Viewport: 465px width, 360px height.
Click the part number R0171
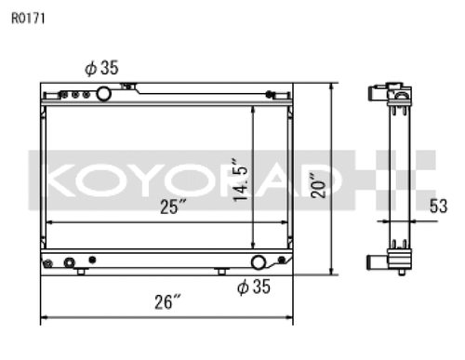point(28,19)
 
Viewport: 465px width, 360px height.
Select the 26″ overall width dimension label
point(167,301)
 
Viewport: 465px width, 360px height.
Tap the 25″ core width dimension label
point(173,207)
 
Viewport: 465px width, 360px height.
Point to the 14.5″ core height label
point(241,180)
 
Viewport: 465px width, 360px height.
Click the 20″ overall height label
point(318,185)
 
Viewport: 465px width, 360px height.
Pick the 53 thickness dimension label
point(438,207)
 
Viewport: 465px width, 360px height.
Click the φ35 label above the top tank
point(101,68)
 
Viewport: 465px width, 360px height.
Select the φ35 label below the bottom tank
point(254,287)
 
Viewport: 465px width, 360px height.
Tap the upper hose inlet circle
point(103,94)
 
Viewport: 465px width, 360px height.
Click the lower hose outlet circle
point(258,262)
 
